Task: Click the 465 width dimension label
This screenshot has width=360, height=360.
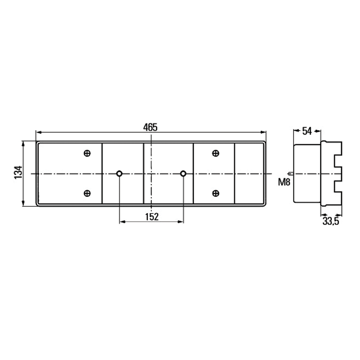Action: click(x=150, y=127)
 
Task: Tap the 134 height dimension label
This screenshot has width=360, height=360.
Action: click(x=18, y=172)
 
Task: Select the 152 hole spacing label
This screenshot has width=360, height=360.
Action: click(x=152, y=216)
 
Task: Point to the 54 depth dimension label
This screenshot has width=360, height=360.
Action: click(x=307, y=131)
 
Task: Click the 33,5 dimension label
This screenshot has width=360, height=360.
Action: click(x=330, y=221)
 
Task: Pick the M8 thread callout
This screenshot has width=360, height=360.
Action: click(x=284, y=182)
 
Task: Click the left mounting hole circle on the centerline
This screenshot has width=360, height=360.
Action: click(x=119, y=174)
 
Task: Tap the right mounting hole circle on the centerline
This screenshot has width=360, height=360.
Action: click(x=183, y=174)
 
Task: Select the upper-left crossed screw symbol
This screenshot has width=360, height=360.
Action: click(x=87, y=153)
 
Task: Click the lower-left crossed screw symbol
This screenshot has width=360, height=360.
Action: click(x=87, y=193)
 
